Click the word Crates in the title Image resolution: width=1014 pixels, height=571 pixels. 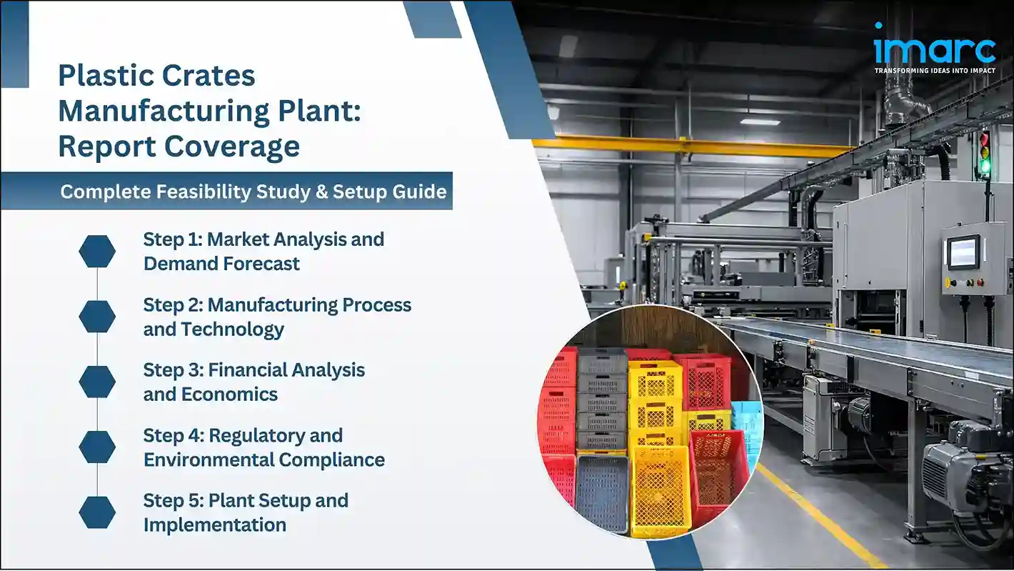205,76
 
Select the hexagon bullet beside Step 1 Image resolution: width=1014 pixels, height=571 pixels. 97,252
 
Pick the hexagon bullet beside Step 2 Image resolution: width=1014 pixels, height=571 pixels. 97,317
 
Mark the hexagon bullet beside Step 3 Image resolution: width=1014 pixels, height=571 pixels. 97,382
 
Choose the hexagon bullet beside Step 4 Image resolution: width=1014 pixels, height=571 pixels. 97,447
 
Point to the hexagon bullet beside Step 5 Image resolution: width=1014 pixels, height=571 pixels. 97,512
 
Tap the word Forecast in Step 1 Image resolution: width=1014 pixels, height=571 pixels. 261,264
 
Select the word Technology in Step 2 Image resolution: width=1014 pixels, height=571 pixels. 233,329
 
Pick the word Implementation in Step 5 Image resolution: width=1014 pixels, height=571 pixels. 214,525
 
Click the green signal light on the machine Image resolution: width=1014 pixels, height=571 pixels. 985,167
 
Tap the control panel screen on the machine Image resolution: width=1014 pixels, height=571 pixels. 963,252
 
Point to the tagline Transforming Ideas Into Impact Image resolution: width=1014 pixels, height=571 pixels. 935,71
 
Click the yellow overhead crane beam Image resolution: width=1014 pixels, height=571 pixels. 686,146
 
